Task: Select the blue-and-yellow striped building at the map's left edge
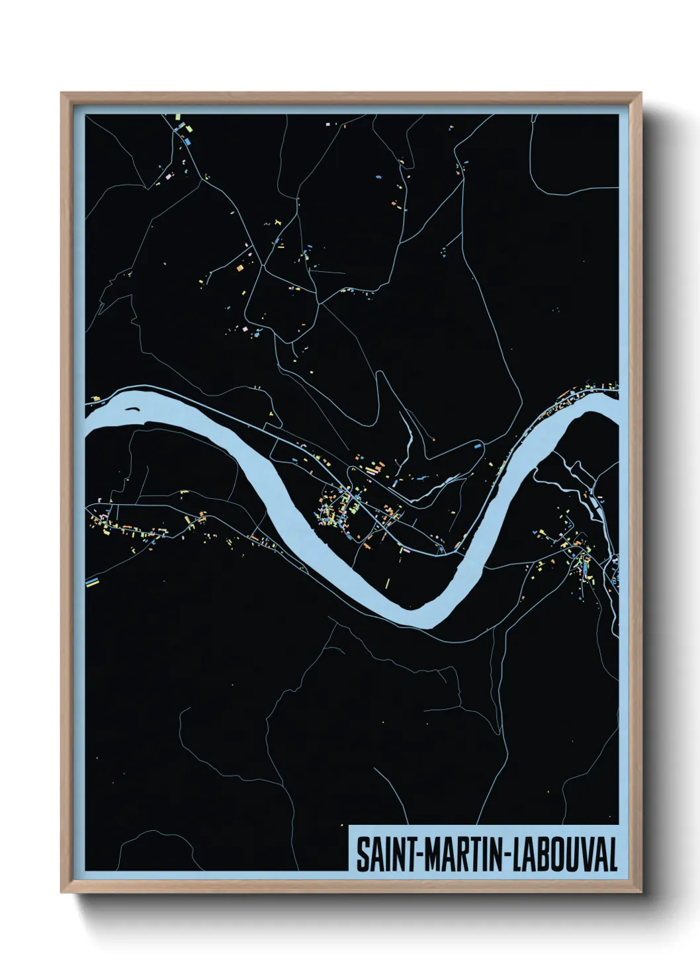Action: coord(92,582)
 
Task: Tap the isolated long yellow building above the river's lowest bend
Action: coord(388,583)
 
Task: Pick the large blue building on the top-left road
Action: coord(188,141)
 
